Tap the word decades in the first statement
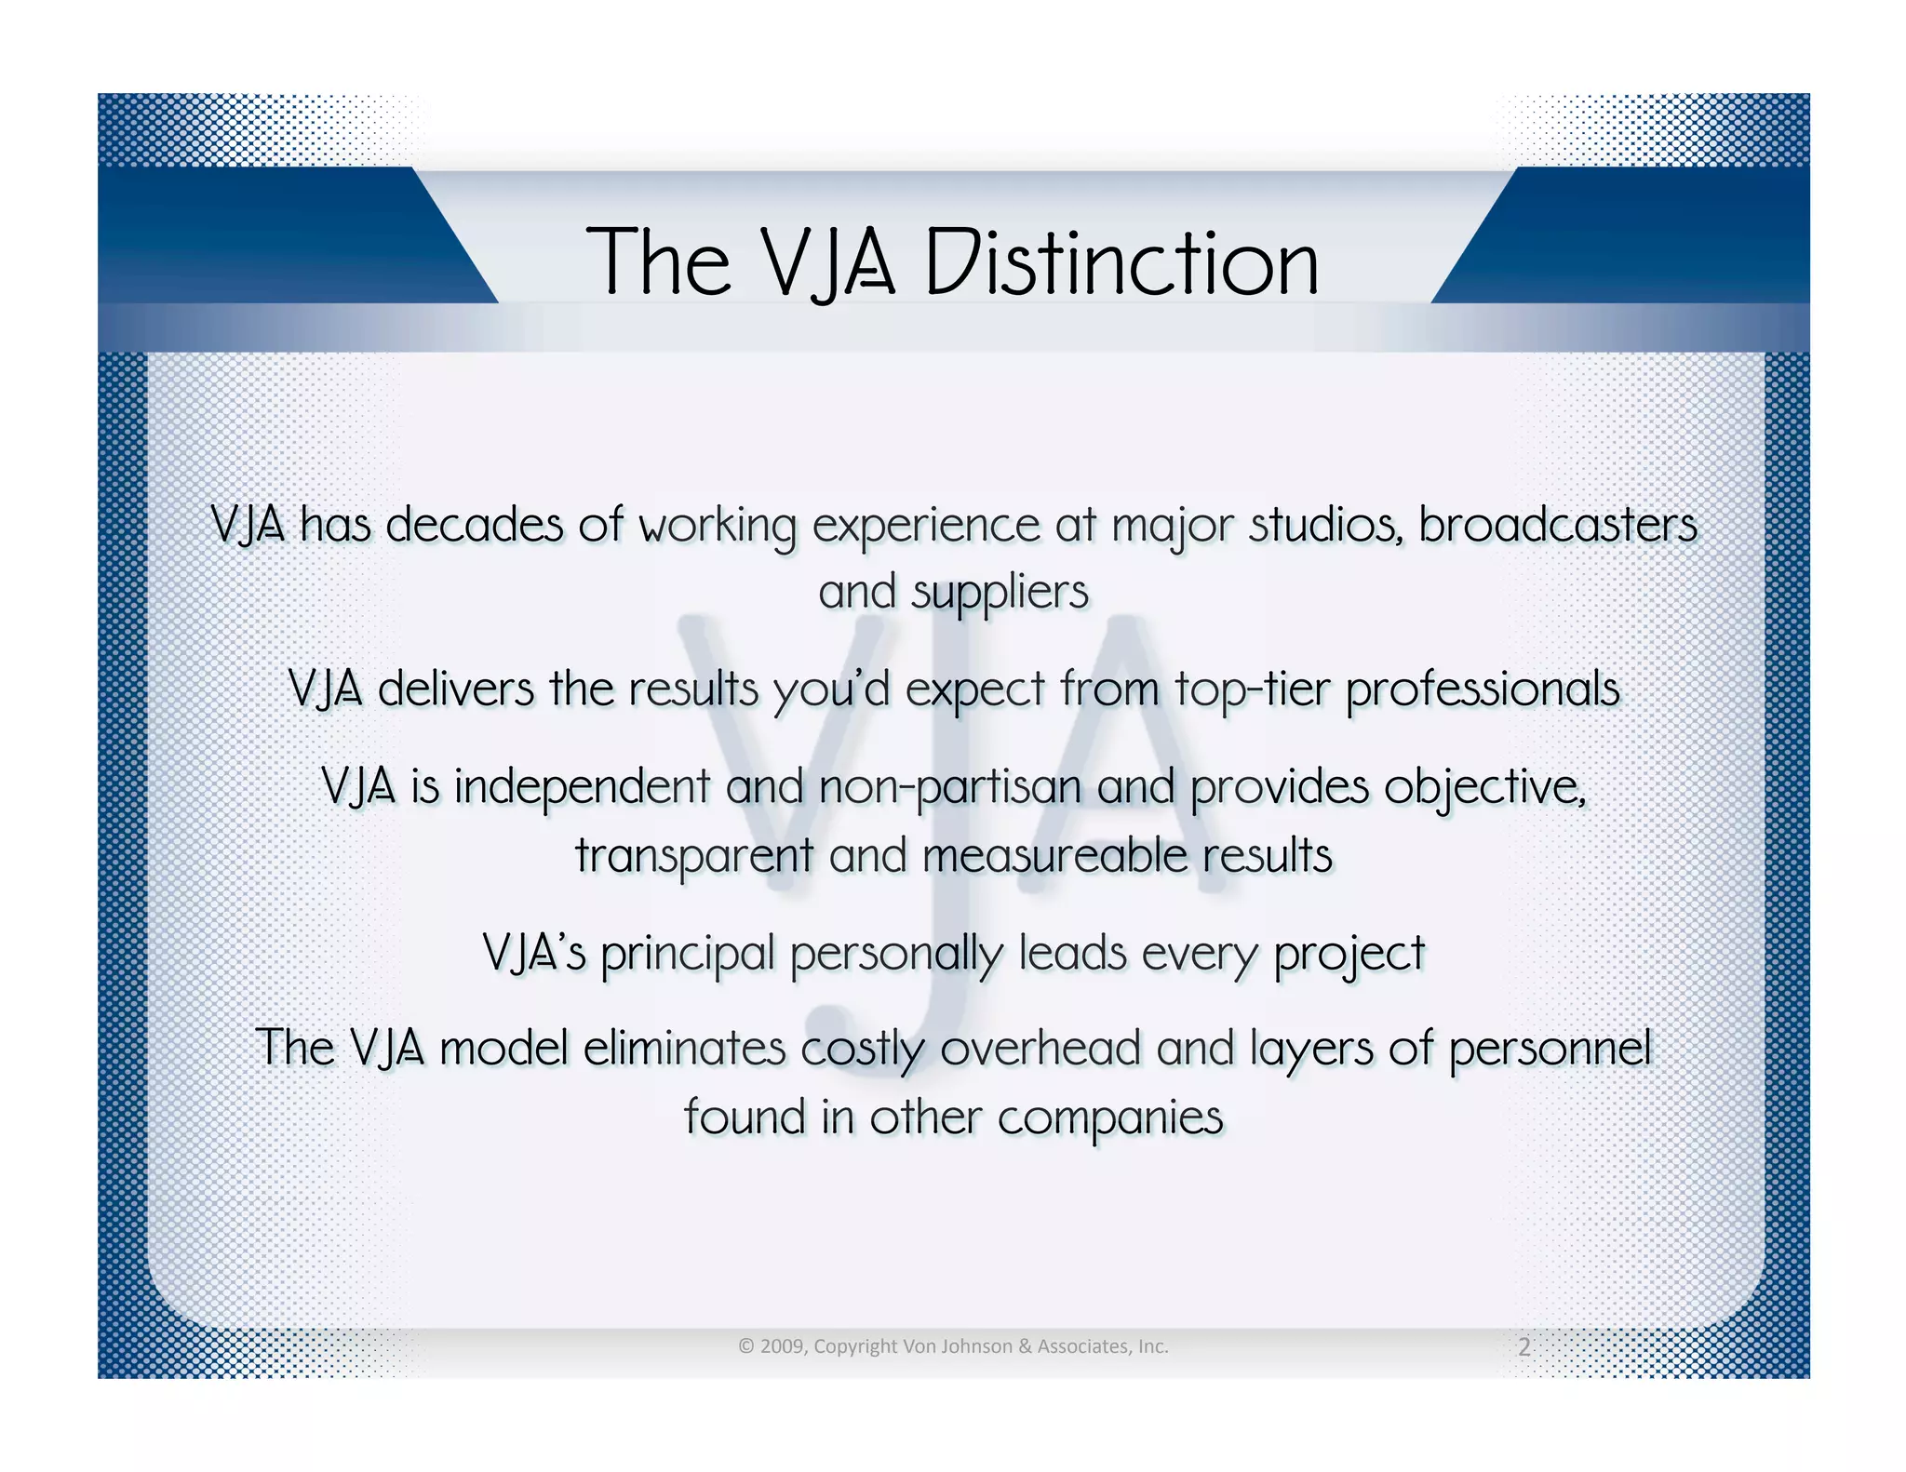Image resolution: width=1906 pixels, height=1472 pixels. click(x=474, y=525)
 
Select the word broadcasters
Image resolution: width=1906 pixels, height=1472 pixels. click(x=1557, y=525)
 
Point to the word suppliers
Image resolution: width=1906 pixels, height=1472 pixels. click(x=1000, y=594)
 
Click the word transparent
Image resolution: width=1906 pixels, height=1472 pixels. click(x=693, y=856)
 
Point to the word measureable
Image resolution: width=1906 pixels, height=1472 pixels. click(x=1054, y=856)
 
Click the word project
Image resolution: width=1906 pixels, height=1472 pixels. click(x=1349, y=954)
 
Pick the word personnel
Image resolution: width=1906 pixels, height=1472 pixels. click(x=1550, y=1049)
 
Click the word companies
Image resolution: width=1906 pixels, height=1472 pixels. click(x=1109, y=1117)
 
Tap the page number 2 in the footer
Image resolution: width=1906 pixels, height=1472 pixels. click(x=1523, y=1346)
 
